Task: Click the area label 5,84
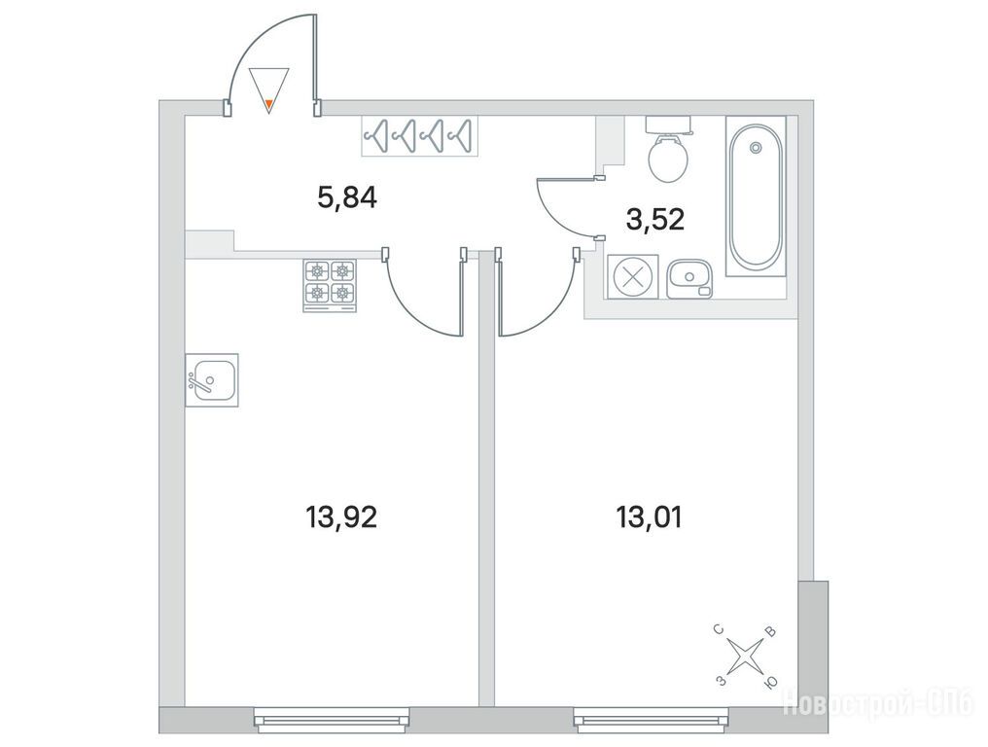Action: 347,198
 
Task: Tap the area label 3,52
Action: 655,220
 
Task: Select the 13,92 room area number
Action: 341,517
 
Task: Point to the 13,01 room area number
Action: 649,517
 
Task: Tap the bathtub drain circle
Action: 755,148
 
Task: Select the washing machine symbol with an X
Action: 632,277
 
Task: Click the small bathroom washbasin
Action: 689,278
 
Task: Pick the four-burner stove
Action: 331,285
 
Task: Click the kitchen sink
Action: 212,380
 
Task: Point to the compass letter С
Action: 719,629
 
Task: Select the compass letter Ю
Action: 770,684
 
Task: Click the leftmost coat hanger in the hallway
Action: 377,135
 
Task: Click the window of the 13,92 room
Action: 332,720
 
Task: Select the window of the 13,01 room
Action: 652,720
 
